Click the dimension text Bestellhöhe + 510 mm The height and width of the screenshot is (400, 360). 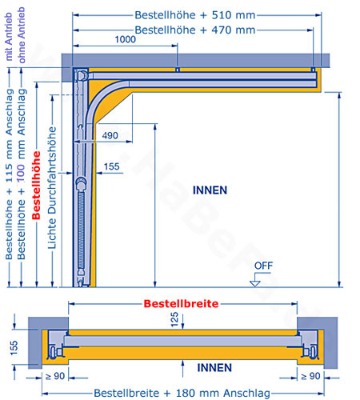pyautogui.click(x=195, y=15)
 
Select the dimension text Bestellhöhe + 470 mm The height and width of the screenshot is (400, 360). pyautogui.click(x=195, y=30)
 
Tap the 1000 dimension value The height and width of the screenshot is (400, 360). pyautogui.click(x=125, y=39)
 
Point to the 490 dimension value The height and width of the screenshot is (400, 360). pyautogui.click(x=110, y=135)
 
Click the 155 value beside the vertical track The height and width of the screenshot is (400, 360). pyautogui.click(x=111, y=166)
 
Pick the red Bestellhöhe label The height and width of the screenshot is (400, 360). pyautogui.click(x=36, y=186)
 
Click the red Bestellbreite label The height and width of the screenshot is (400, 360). pyautogui.click(x=181, y=304)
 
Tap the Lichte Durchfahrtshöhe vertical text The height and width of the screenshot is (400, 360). pyautogui.click(x=52, y=188)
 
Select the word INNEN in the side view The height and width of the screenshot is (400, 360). pyautogui.click(x=210, y=190)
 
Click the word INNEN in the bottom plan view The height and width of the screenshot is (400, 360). pyautogui.click(x=214, y=368)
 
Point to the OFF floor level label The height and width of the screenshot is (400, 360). pyautogui.click(x=263, y=266)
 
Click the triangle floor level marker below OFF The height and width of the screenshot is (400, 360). pyautogui.click(x=255, y=284)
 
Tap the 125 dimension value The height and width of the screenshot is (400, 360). pyautogui.click(x=174, y=319)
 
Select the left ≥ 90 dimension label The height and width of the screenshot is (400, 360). pyautogui.click(x=55, y=376)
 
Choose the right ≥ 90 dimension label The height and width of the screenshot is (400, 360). pyautogui.click(x=310, y=376)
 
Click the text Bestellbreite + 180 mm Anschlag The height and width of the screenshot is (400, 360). pyautogui.click(x=182, y=393)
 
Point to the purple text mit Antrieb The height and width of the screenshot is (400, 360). pyautogui.click(x=9, y=37)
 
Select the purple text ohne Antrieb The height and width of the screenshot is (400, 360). pyautogui.click(x=22, y=35)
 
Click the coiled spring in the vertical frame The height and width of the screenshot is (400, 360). pyautogui.click(x=81, y=230)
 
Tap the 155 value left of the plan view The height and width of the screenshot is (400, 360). pyautogui.click(x=14, y=347)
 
